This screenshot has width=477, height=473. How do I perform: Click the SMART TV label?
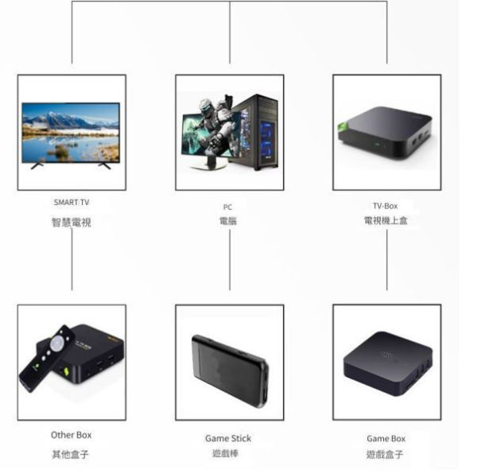click(72, 203)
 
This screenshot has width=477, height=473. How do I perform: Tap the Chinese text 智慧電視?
click(72, 222)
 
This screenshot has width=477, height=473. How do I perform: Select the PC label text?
click(228, 207)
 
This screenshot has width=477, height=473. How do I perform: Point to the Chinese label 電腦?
click(228, 221)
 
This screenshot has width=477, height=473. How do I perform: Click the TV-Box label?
click(386, 205)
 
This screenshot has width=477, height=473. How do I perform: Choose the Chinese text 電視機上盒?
click(386, 220)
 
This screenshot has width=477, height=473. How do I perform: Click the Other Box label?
click(72, 435)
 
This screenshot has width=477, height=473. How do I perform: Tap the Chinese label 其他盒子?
click(72, 454)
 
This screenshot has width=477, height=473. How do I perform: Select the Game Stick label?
click(228, 438)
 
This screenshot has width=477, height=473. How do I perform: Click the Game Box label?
click(386, 438)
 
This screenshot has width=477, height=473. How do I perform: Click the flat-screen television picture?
click(71, 133)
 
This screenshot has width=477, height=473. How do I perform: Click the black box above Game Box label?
click(387, 365)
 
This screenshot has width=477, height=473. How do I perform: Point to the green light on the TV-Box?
click(343, 126)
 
